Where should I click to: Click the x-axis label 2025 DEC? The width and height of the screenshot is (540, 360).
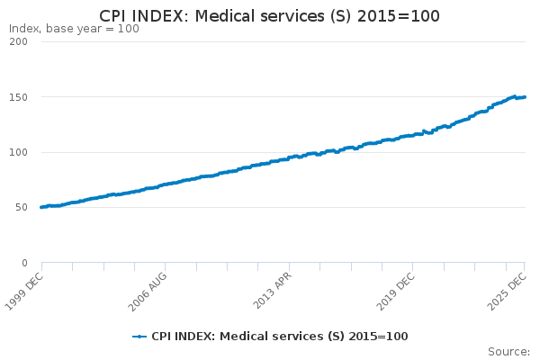point(508,290)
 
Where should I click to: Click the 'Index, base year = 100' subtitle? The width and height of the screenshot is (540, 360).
point(74,29)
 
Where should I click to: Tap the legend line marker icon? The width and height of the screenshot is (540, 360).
point(139,337)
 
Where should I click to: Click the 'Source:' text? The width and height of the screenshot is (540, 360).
point(508,351)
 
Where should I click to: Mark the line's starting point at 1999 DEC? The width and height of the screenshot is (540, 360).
point(41,207)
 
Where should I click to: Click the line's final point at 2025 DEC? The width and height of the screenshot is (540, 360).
point(525,97)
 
